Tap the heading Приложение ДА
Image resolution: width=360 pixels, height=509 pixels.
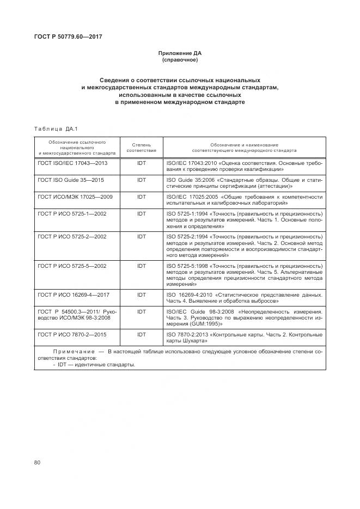coord(180,53)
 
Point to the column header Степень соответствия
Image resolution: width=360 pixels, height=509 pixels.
coord(142,148)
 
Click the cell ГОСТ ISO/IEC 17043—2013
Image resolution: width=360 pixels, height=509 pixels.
coord(72,163)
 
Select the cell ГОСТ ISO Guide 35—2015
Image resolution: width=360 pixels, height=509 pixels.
coord(71,179)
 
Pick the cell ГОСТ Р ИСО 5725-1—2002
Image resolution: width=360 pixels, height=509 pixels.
coord(72,213)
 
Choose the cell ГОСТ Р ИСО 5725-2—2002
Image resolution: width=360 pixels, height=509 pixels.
coord(72,237)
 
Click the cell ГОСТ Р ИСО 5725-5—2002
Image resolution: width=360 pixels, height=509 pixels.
coord(72,266)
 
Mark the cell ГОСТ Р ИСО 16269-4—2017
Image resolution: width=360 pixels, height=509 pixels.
coord(74,295)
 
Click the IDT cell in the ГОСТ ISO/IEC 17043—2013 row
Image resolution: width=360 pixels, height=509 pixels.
coord(142,163)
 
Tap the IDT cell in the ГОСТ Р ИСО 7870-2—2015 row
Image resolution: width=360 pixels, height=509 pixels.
coord(142,335)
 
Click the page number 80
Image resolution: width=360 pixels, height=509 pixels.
coord(38,463)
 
